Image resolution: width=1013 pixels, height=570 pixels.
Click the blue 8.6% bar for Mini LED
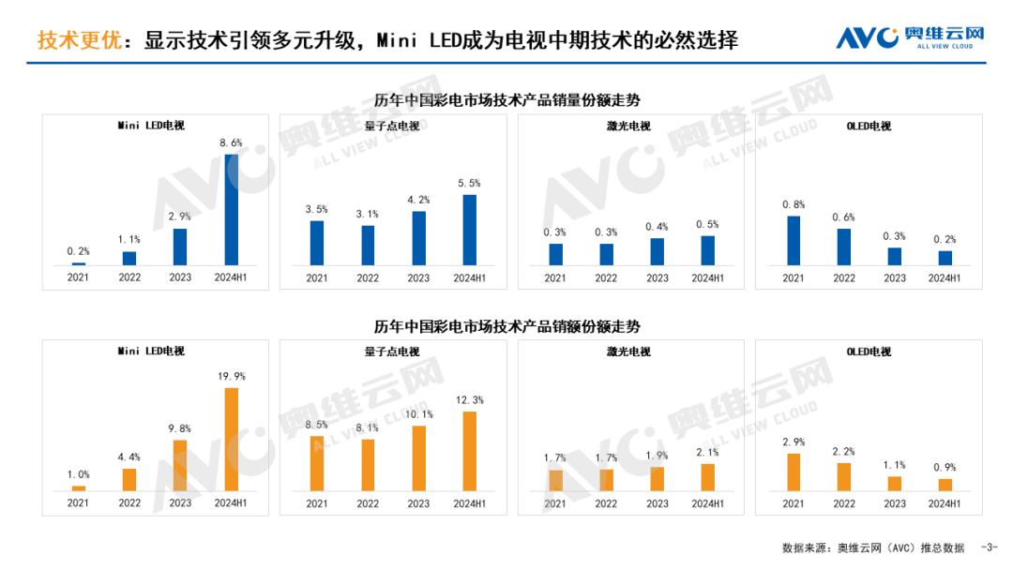coord(231,209)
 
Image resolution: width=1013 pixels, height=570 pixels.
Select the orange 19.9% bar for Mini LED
coord(231,440)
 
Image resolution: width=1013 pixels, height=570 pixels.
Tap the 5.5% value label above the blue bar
coord(469,184)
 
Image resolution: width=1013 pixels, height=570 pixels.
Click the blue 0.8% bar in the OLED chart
coord(794,241)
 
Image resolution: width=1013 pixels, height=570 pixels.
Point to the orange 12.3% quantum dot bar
coord(469,451)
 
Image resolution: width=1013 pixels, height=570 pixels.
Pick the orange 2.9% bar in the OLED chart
coord(794,472)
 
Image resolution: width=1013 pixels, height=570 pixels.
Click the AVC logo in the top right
coord(910,37)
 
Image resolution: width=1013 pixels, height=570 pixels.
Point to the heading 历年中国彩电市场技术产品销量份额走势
coord(506,100)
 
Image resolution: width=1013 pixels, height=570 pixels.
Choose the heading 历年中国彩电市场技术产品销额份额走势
coord(506,327)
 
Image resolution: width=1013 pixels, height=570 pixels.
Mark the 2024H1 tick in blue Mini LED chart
coord(231,277)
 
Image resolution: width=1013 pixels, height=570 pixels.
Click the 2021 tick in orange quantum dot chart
coord(317,503)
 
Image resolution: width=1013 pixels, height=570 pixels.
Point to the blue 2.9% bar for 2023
coord(180,247)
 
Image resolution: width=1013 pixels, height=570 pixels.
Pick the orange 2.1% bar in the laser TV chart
coord(708,477)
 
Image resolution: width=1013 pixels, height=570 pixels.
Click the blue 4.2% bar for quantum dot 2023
coord(418,238)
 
